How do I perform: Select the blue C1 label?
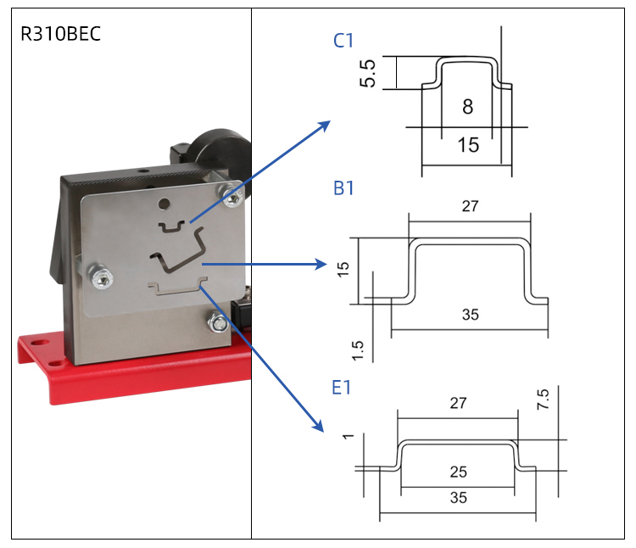click(343, 40)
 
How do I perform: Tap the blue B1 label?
click(343, 188)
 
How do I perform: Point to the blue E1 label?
click(342, 388)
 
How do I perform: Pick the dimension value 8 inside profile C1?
click(468, 107)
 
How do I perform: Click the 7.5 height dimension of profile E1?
click(543, 400)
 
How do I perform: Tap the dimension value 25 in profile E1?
click(459, 472)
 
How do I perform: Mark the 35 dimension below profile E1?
click(459, 498)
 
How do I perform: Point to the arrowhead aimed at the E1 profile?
click(318, 428)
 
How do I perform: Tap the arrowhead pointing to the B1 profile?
click(322, 264)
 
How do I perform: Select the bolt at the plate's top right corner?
click(231, 197)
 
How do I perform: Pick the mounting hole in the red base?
click(36, 344)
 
